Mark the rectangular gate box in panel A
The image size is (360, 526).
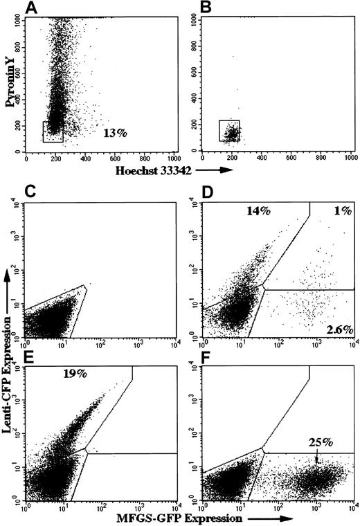[53, 131]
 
